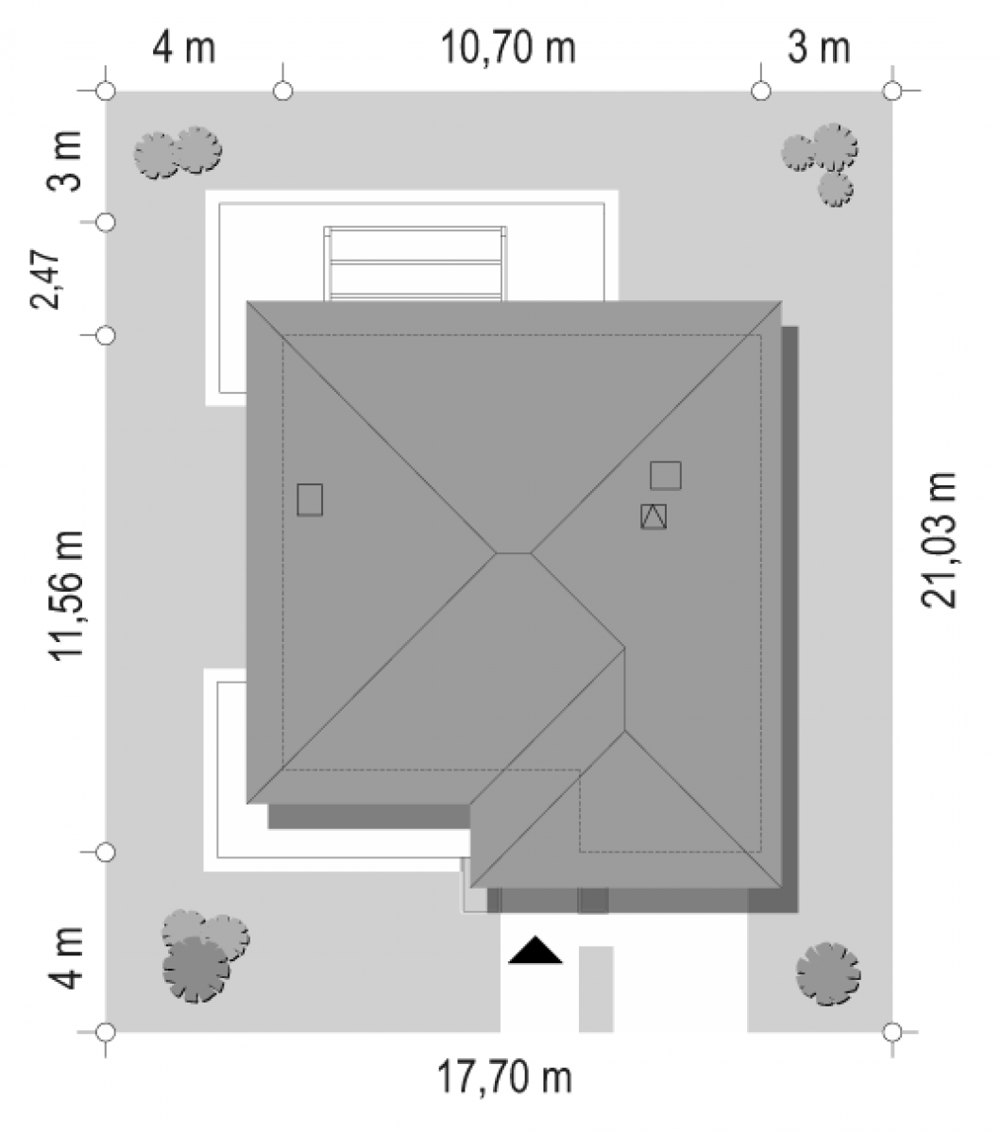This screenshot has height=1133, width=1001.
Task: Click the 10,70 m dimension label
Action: [x=507, y=47]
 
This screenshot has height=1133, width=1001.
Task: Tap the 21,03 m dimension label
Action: [x=939, y=540]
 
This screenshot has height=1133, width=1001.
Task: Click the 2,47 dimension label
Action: [x=44, y=279]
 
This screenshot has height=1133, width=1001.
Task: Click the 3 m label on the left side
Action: [x=64, y=161]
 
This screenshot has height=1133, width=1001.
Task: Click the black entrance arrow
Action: [x=534, y=950]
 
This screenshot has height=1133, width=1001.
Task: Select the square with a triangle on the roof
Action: [x=653, y=516]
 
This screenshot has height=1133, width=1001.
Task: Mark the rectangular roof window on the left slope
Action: [x=310, y=499]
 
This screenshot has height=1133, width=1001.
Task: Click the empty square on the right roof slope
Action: [x=666, y=475]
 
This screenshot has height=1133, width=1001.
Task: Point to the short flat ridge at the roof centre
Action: [x=514, y=553]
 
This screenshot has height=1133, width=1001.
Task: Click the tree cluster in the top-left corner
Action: [x=178, y=152]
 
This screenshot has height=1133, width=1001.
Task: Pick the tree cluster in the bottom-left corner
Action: [x=205, y=956]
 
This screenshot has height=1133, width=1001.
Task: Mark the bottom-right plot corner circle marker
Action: [x=892, y=1032]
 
